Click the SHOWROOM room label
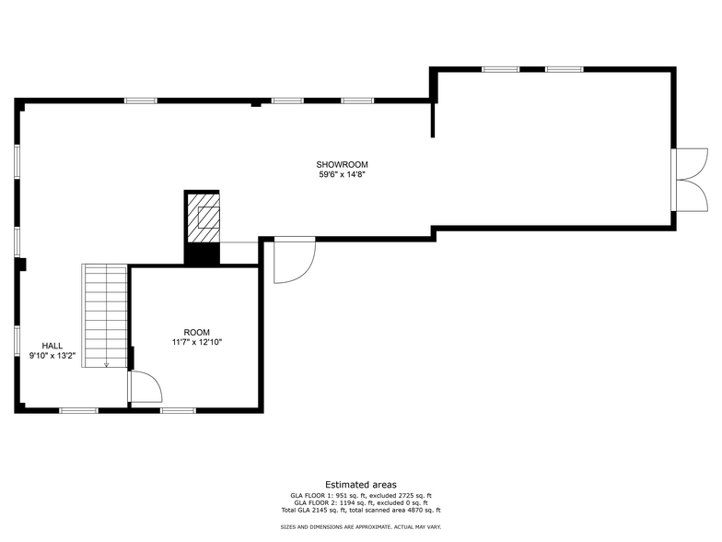pyautogui.click(x=343, y=165)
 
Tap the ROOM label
pyautogui.click(x=196, y=333)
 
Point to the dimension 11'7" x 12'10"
pyautogui.click(x=196, y=342)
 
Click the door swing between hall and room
pyautogui.click(x=144, y=387)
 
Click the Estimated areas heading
pyautogui.click(x=360, y=484)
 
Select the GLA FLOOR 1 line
pyautogui.click(x=360, y=495)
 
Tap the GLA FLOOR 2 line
pyautogui.click(x=360, y=502)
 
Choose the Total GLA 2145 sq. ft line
pyautogui.click(x=360, y=510)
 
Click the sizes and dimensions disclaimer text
pyautogui.click(x=360, y=526)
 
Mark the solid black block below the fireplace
pyautogui.click(x=203, y=253)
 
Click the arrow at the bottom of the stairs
pyautogui.click(x=106, y=364)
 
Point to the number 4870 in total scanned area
pyautogui.click(x=407, y=510)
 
